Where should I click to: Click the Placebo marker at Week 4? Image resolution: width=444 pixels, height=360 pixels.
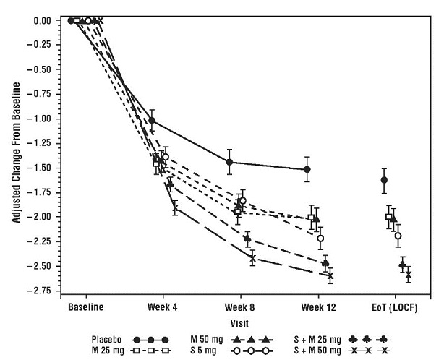pos(151,120)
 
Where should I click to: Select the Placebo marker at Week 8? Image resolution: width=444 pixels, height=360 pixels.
pos(229,162)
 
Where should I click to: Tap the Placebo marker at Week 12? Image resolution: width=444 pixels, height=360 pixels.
pos(307,169)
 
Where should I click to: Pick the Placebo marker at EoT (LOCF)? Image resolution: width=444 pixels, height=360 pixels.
pos(384,180)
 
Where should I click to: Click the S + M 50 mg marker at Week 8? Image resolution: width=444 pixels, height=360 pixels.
pos(252,258)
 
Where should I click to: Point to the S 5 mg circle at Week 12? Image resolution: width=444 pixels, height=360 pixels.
pos(320,238)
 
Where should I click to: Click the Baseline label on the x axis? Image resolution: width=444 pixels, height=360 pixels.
pos(85,306)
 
